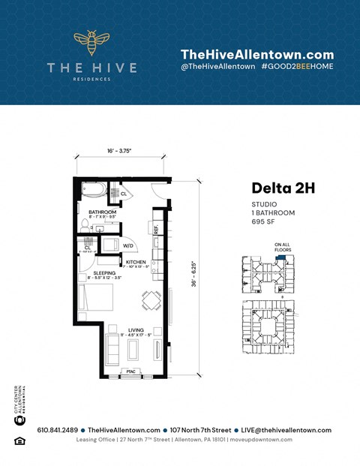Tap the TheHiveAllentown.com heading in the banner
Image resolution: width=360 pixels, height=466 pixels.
tap(257, 54)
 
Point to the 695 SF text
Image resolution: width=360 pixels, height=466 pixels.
tap(262, 221)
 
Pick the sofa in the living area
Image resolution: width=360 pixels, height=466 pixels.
tap(112, 349)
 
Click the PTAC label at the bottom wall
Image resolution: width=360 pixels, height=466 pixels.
tap(130, 371)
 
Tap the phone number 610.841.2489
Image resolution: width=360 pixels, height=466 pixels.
tap(56, 430)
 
